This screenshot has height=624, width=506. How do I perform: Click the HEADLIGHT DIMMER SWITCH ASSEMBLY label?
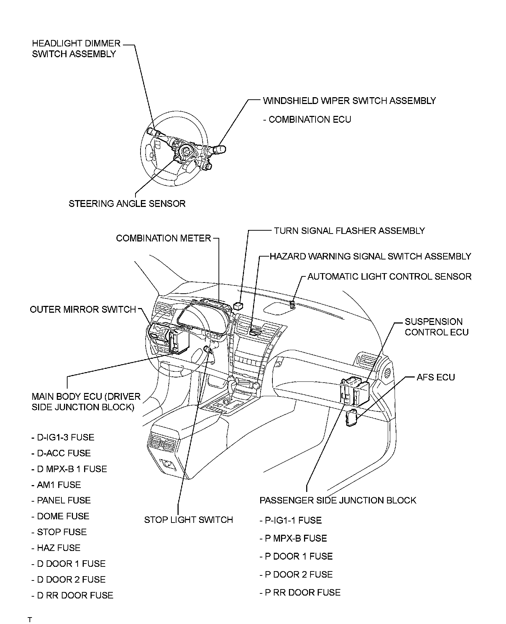(x=76, y=49)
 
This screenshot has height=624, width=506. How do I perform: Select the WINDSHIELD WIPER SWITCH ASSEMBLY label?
(x=349, y=101)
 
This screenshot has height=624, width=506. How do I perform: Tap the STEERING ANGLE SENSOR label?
(x=127, y=204)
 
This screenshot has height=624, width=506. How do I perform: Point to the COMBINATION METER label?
(x=164, y=238)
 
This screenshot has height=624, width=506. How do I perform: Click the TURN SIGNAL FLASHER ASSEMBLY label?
(x=349, y=231)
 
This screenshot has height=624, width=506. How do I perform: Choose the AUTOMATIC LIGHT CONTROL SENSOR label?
(x=389, y=277)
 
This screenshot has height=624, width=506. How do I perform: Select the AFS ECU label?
(x=436, y=377)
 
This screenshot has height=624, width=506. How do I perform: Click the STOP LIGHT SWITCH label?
(x=188, y=520)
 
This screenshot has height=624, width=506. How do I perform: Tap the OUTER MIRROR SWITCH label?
(x=83, y=309)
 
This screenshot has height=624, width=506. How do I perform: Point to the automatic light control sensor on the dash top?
(x=292, y=304)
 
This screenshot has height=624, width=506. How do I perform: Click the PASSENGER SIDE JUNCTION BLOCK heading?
(x=338, y=500)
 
